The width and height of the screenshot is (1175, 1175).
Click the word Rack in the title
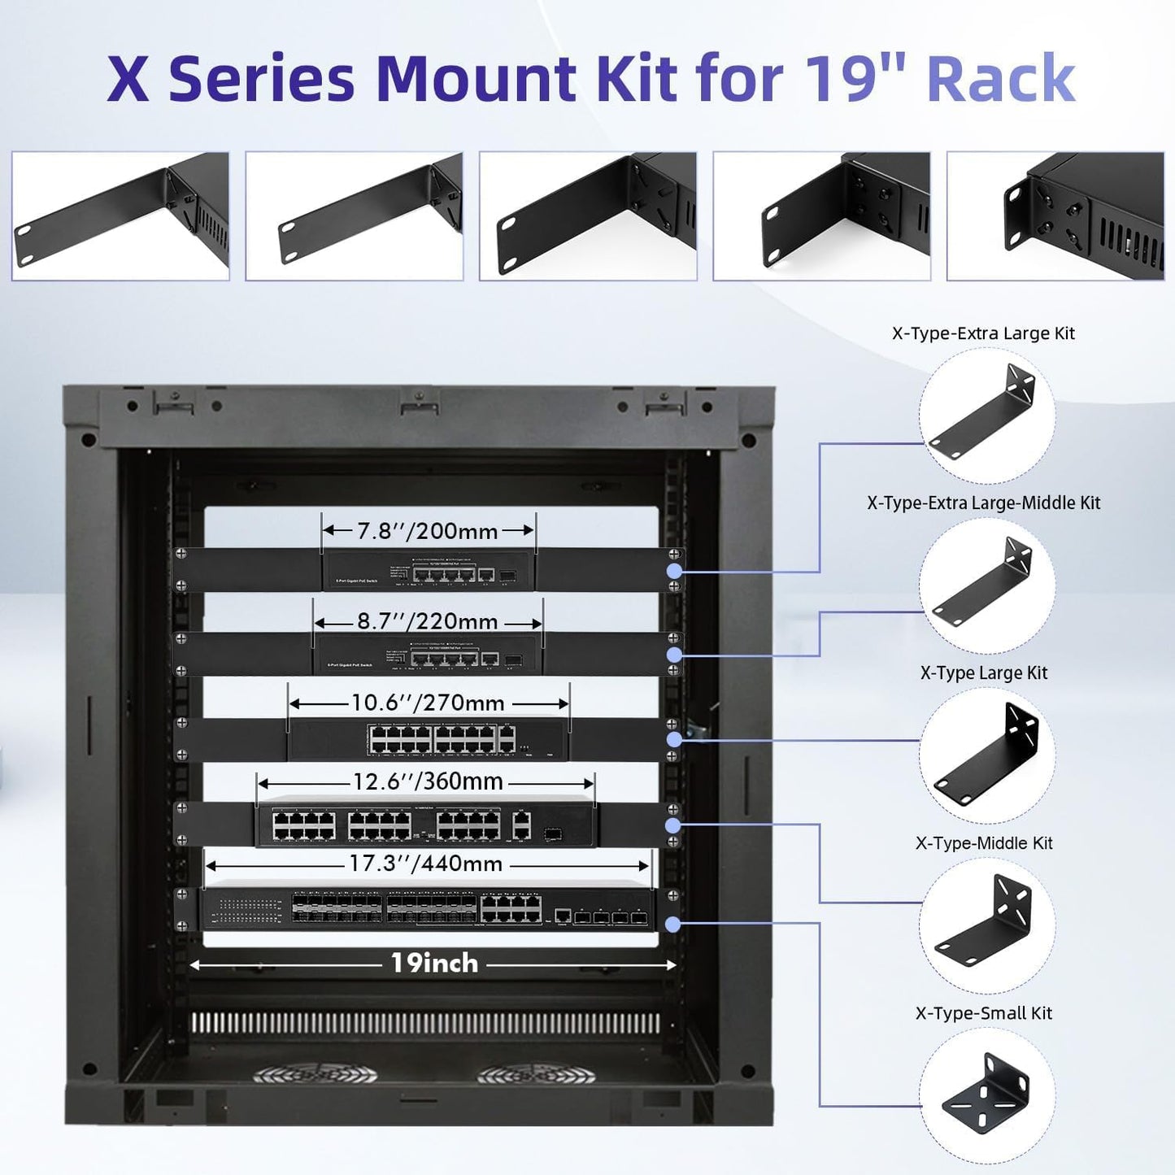(x=1000, y=79)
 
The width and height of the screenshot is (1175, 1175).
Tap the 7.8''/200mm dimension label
(x=428, y=531)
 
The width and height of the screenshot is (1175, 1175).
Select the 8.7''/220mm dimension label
(x=428, y=622)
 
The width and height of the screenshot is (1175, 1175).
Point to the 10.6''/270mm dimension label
(x=428, y=703)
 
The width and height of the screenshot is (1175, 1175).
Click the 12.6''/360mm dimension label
(x=428, y=781)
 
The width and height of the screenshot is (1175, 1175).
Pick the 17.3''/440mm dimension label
(x=426, y=864)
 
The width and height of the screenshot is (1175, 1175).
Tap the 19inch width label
(x=434, y=964)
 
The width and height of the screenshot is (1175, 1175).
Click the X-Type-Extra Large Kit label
(x=983, y=333)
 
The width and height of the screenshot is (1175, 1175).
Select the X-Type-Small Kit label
(x=983, y=1013)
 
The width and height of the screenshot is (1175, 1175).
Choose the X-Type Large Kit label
(x=983, y=673)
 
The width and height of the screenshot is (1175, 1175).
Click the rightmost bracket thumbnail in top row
(x=1055, y=216)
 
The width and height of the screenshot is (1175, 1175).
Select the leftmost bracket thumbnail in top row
(x=120, y=216)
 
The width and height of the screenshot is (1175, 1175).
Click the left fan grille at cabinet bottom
(x=315, y=1074)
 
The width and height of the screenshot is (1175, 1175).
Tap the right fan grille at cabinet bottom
(x=536, y=1074)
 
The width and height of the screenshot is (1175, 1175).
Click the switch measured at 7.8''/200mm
(x=429, y=570)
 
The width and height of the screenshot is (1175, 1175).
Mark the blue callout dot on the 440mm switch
(x=672, y=925)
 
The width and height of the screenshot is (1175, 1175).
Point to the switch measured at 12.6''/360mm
(x=425, y=825)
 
